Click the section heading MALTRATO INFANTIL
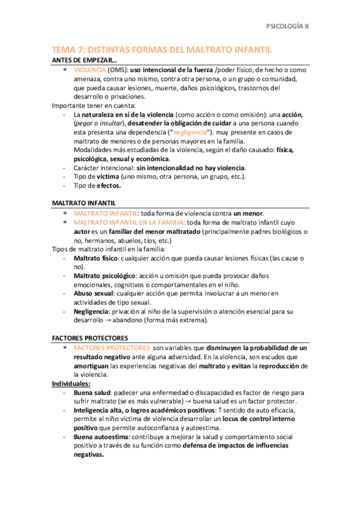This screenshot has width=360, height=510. pos(84,204)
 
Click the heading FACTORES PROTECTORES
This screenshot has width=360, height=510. pos(90,338)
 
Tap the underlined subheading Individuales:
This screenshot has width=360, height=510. pos(71,383)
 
